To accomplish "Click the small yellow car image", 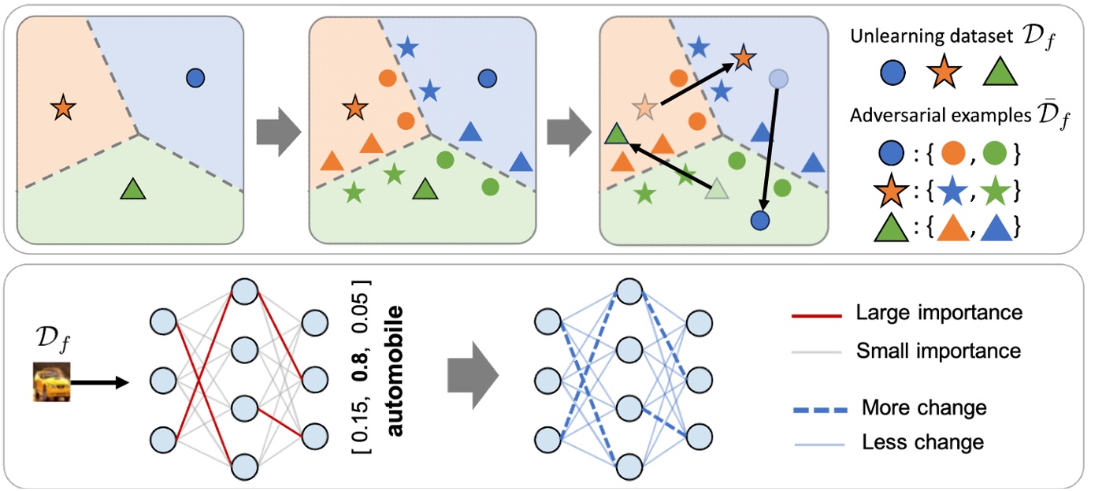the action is pos(52,381).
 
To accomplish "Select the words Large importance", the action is pos(939,313).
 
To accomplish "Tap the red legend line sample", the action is pos(817,315).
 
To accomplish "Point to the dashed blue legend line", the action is pos(819,410).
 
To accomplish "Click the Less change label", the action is pos(922,442).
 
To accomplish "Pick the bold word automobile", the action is pos(395,371).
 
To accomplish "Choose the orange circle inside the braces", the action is pos(953,153).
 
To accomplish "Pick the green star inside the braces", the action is pos(995,192).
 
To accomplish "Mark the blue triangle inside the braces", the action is pos(996,229).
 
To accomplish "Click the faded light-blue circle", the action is pos(778,79).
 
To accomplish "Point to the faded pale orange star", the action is pos(645,107).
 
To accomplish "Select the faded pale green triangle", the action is pos(716,188).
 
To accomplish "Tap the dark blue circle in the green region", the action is pos(760,221).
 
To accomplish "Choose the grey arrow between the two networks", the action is pos(473,375).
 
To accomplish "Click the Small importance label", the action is pos(938,352).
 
